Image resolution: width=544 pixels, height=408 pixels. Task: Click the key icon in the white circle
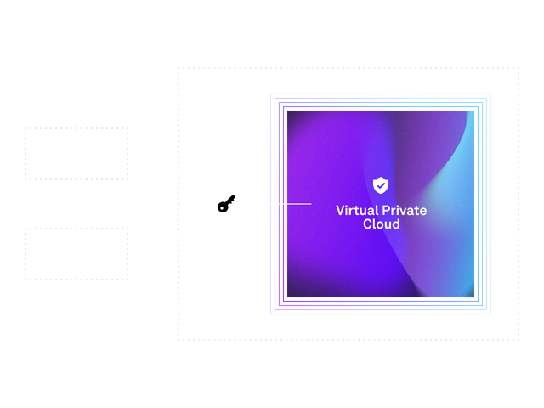226,204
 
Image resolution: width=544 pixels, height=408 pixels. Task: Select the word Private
403,210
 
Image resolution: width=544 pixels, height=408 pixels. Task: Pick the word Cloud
381,224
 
